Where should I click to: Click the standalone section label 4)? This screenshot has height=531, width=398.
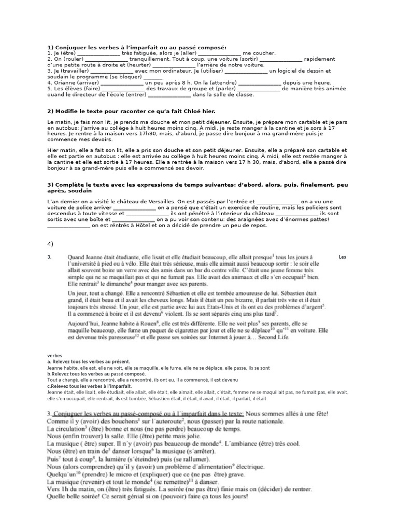50,243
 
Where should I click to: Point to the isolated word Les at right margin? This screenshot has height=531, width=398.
343,257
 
